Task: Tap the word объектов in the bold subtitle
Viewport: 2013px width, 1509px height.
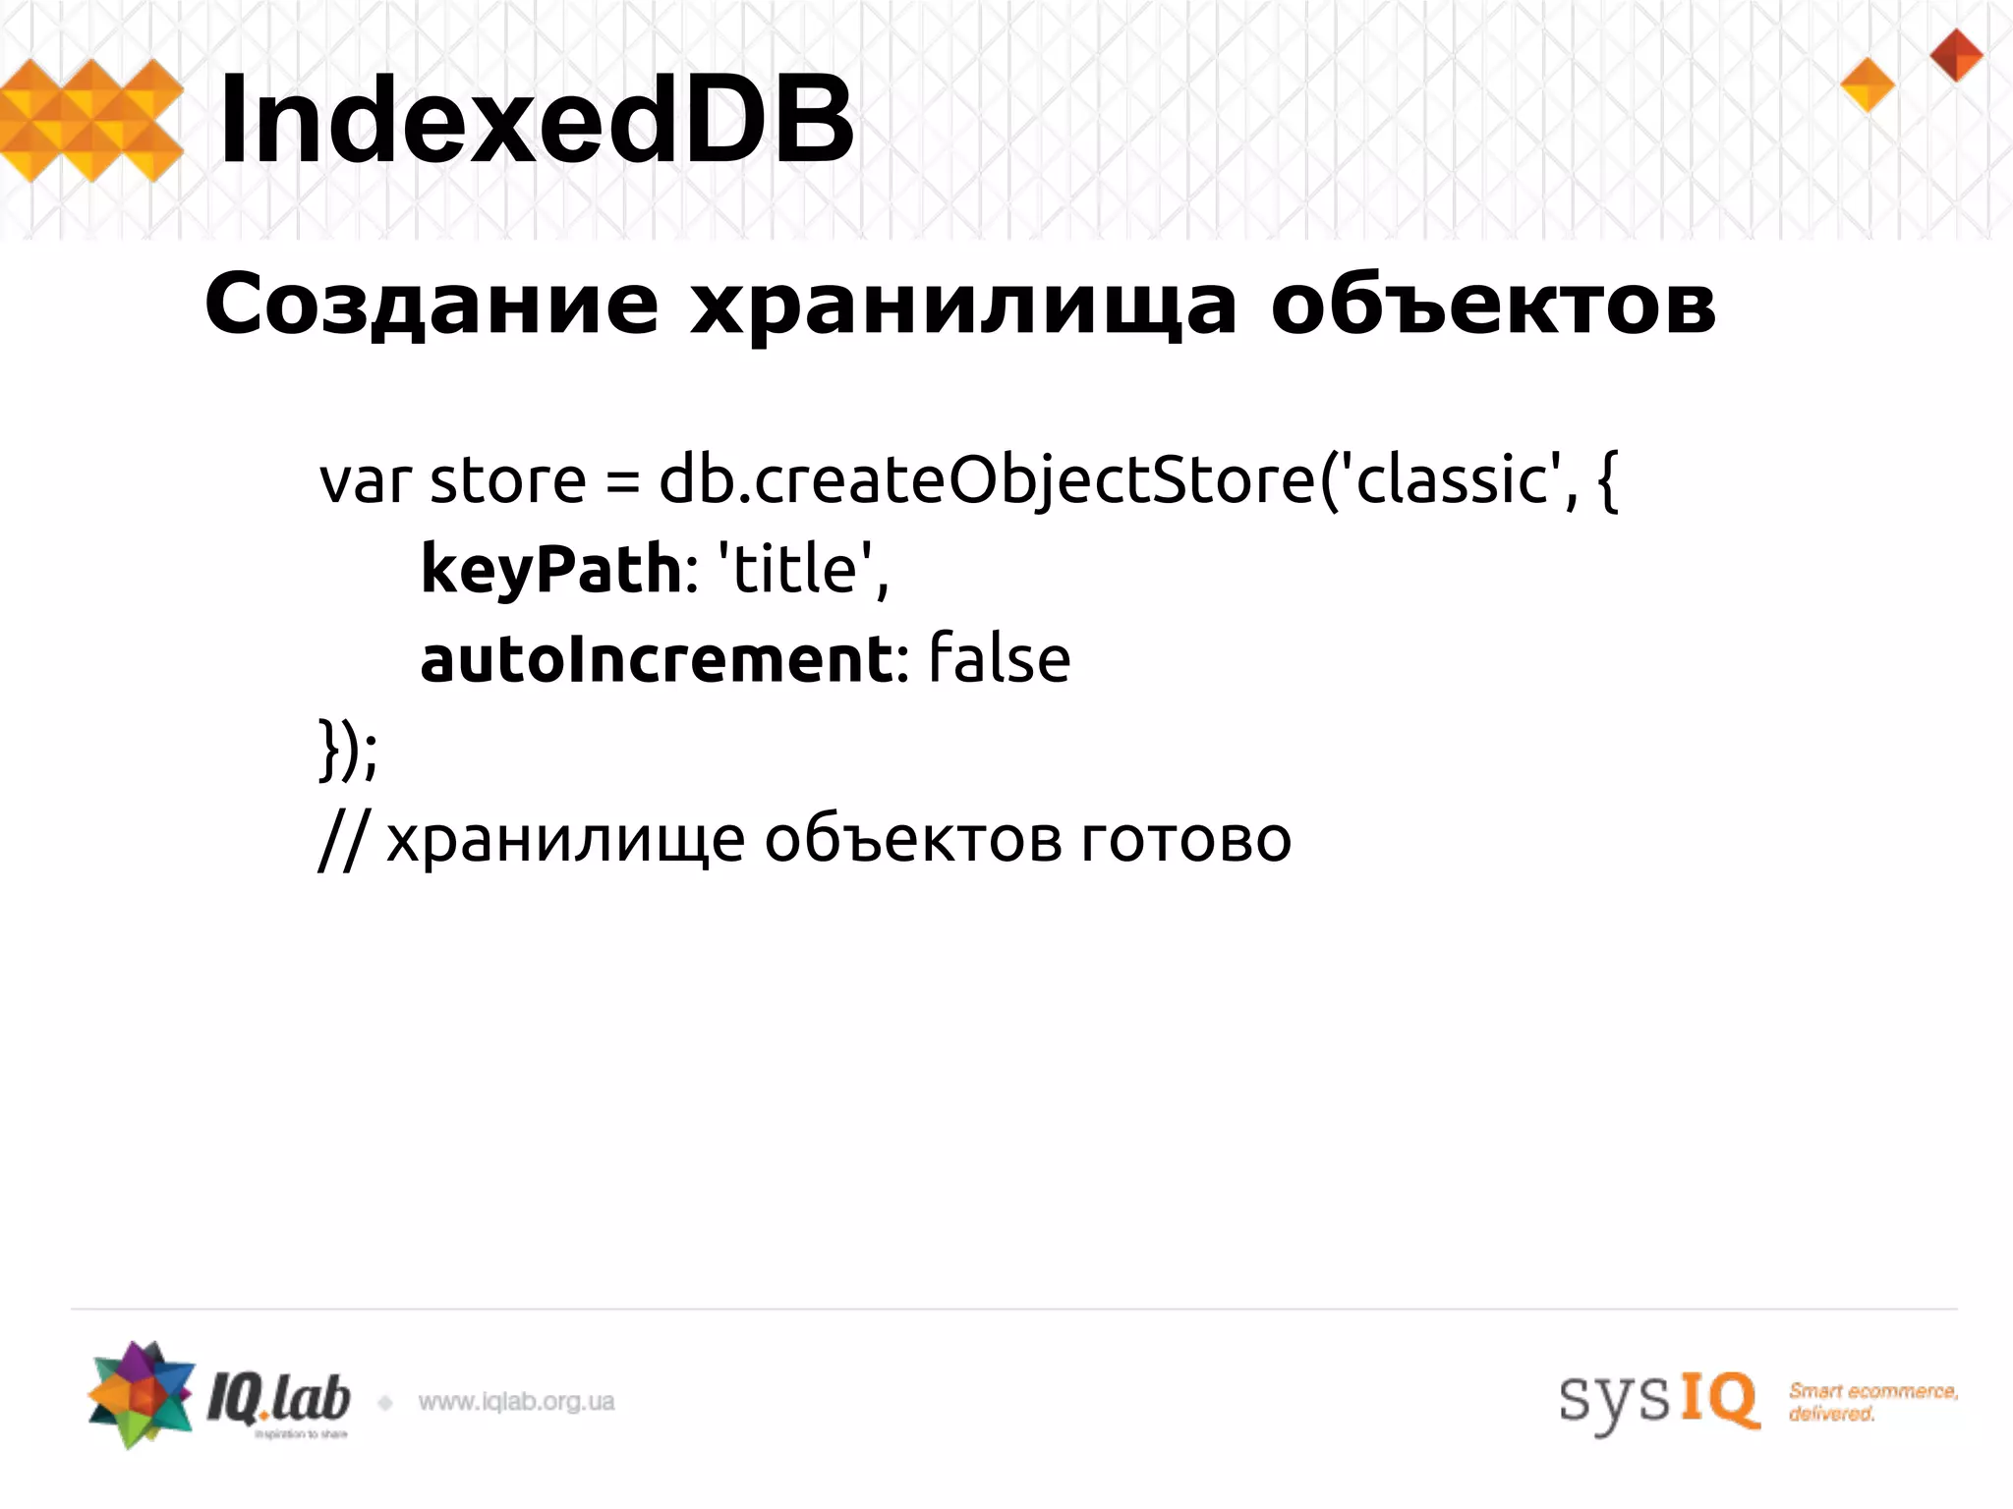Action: tap(1492, 305)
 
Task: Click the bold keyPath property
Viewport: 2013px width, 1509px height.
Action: tap(551, 570)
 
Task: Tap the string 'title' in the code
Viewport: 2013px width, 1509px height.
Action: tap(796, 570)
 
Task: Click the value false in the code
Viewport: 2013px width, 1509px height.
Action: tap(999, 659)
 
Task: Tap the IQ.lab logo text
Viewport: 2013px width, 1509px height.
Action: tap(278, 1399)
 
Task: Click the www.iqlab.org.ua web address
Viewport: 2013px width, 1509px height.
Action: tap(516, 1402)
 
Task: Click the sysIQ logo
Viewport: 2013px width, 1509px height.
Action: tap(1658, 1399)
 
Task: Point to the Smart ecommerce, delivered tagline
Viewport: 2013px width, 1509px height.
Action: tap(1872, 1402)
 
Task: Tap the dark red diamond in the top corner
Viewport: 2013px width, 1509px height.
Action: tap(1956, 54)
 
